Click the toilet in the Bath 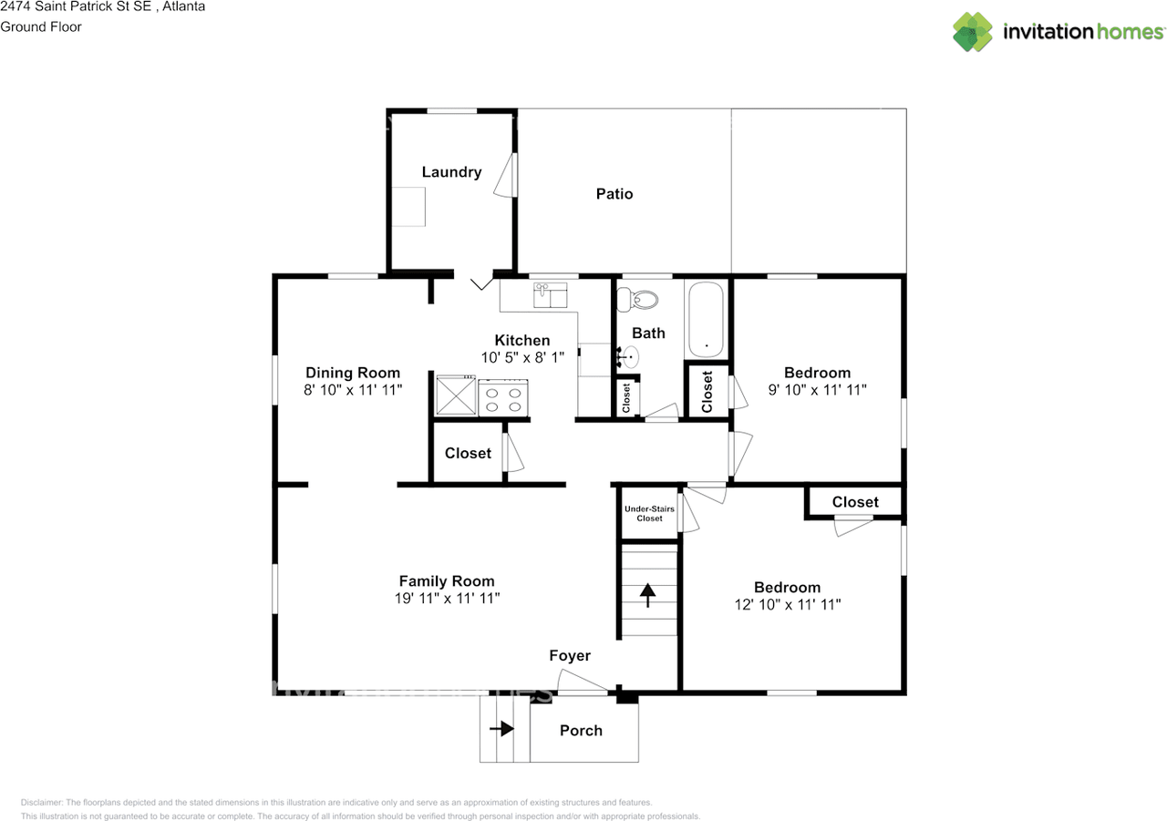coord(637,300)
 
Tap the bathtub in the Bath coord(706,320)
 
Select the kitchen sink coord(550,295)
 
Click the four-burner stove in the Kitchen coord(503,398)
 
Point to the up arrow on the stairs coord(647,595)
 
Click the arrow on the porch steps coord(501,728)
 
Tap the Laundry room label coord(451,172)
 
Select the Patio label coord(614,194)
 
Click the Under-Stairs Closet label coord(649,513)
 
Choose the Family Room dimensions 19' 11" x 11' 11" coord(447,598)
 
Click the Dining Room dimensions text coord(353,390)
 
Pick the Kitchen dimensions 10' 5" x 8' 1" coord(522,358)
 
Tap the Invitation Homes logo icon coord(973,32)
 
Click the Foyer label coord(570,655)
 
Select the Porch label coord(581,731)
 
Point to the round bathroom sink coord(630,357)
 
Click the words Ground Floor coord(41,27)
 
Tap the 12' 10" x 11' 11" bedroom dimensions coord(788,604)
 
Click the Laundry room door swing coord(505,175)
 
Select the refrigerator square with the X coord(456,395)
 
